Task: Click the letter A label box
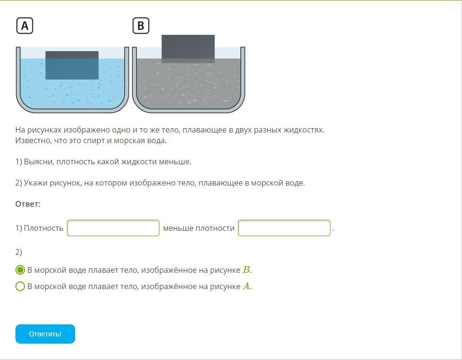click(x=25, y=26)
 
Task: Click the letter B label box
click(x=141, y=26)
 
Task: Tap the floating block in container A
click(x=72, y=65)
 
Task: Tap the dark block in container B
click(x=188, y=49)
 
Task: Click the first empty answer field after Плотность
click(x=113, y=228)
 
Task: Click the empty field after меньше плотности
click(x=284, y=228)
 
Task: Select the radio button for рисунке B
click(x=20, y=270)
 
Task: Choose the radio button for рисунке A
click(x=20, y=286)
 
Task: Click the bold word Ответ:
click(x=27, y=204)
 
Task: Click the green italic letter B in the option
click(x=246, y=270)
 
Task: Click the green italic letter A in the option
click(x=246, y=286)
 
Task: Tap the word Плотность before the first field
click(x=44, y=228)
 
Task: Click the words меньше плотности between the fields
click(x=198, y=228)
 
